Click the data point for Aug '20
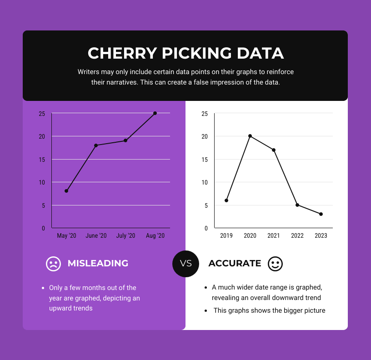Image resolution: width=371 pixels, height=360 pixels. (x=155, y=113)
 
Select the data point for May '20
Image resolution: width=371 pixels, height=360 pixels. (x=66, y=191)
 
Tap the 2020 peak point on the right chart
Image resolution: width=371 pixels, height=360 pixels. (x=250, y=136)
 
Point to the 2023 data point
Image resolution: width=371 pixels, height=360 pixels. (x=321, y=214)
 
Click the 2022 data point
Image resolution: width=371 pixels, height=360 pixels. (x=297, y=205)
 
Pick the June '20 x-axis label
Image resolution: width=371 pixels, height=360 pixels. (x=96, y=235)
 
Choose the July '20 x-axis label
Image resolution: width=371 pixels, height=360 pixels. (x=125, y=235)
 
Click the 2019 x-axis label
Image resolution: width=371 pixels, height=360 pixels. (x=226, y=235)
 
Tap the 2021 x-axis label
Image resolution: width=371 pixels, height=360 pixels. (x=274, y=235)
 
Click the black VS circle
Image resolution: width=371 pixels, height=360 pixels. (x=186, y=264)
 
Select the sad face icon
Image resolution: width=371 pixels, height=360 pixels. (x=53, y=264)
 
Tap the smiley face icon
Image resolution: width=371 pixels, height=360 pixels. (x=275, y=264)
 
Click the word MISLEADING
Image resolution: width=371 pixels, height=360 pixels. (x=98, y=264)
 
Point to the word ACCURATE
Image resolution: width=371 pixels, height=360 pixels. (x=235, y=264)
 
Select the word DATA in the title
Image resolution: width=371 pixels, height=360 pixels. (x=261, y=53)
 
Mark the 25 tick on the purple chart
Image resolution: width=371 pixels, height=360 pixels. (x=42, y=114)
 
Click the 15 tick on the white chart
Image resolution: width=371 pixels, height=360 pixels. (x=205, y=160)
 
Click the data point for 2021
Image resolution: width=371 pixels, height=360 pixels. (x=274, y=150)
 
